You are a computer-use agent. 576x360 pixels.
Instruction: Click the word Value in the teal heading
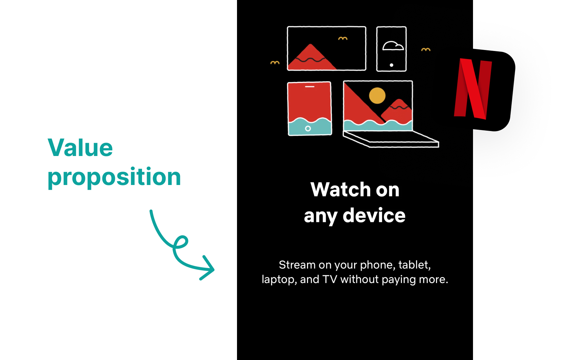tap(80, 148)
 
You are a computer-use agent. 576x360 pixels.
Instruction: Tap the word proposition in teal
tap(114, 177)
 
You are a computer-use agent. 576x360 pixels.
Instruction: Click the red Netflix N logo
tap(473, 89)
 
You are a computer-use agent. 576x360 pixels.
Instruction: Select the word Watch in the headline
tap(340, 190)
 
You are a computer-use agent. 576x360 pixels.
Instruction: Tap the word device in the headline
tap(374, 216)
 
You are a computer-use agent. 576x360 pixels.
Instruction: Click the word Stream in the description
tap(297, 265)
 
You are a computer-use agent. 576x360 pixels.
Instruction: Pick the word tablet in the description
tap(414, 265)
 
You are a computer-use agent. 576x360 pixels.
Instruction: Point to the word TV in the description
tap(330, 279)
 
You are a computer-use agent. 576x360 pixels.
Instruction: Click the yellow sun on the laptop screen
tap(377, 96)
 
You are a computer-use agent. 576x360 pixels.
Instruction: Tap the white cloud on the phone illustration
tap(393, 46)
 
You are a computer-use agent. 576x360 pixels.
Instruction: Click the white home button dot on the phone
tap(391, 65)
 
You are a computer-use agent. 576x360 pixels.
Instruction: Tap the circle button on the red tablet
tap(308, 128)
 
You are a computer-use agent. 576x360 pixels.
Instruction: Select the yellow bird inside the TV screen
tap(343, 39)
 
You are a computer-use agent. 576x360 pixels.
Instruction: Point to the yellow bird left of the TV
tap(275, 63)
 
